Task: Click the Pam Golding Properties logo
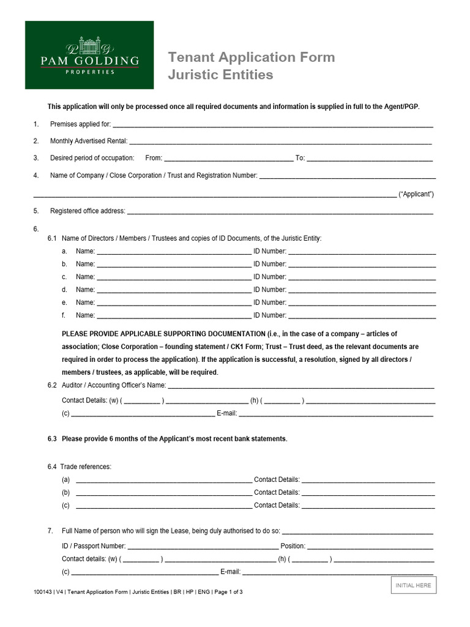tap(89, 54)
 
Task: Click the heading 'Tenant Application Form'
tap(252, 58)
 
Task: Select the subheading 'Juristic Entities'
tap(220, 75)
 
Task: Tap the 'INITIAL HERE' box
tap(413, 585)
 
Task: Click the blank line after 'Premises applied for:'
tap(273, 125)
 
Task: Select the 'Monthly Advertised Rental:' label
tap(89, 141)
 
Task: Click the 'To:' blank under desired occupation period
tap(370, 159)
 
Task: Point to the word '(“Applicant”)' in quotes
tap(416, 194)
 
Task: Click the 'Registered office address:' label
tap(88, 211)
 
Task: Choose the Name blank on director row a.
tap(174, 252)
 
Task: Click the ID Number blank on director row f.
tap(362, 316)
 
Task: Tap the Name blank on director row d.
tap(174, 290)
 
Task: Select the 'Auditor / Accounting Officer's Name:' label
tap(114, 385)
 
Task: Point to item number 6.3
tap(52, 439)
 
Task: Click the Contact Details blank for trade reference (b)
tap(368, 493)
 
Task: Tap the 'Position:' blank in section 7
tap(370, 546)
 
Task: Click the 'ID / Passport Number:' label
tap(94, 546)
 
